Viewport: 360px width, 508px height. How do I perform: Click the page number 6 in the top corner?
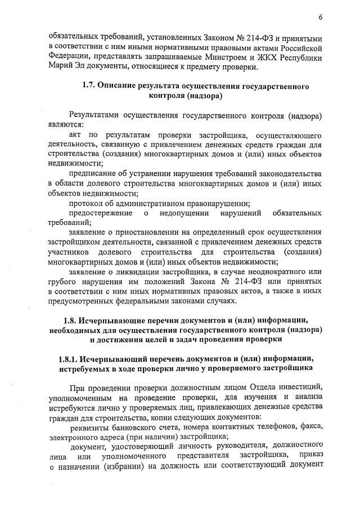point(319,17)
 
